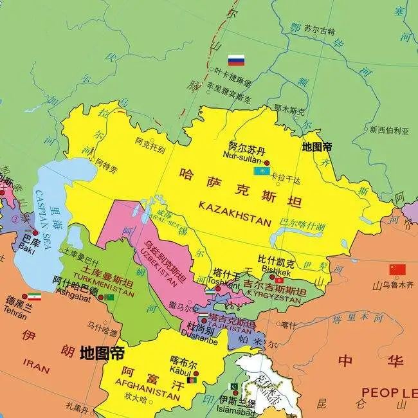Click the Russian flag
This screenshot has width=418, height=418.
click(237, 61)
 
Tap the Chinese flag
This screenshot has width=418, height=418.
click(397, 269)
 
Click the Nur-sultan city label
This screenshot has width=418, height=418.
click(241, 155)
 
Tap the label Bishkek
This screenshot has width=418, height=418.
click(277, 272)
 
